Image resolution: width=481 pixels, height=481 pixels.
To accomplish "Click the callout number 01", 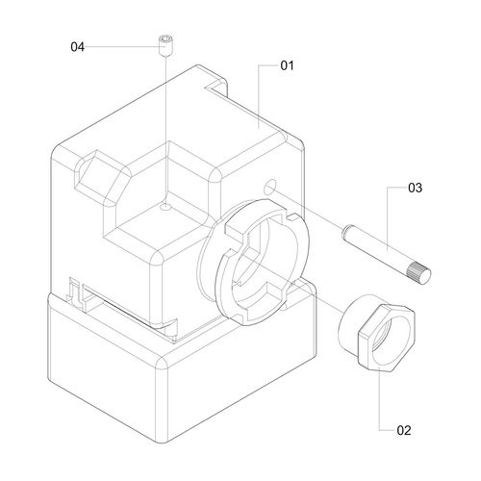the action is click(x=287, y=65).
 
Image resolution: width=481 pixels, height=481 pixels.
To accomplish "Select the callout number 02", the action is click(x=404, y=430).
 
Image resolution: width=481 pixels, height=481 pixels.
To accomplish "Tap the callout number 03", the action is click(x=415, y=188).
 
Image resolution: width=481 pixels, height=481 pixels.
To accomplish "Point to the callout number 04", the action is click(x=77, y=47).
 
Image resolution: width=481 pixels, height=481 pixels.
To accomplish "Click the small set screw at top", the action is click(x=165, y=45).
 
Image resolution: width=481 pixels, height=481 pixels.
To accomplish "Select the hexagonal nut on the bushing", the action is click(x=387, y=338).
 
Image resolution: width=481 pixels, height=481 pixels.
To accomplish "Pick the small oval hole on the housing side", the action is click(x=269, y=187).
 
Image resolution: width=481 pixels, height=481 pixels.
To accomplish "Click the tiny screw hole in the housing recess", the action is click(x=166, y=208).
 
